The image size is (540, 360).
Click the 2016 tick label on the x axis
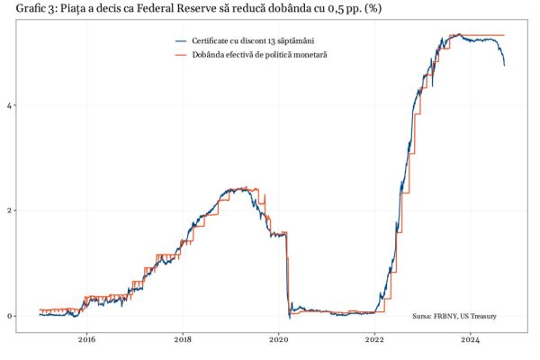tap(86, 339)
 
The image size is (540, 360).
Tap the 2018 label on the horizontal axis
tap(183, 339)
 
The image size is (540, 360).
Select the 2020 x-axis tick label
tap(279, 339)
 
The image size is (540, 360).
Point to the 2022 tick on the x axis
tap(375, 339)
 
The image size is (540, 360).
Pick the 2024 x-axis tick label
tap(472, 339)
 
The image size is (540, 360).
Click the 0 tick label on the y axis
tap(11, 316)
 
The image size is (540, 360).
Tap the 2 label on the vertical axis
tap(11, 211)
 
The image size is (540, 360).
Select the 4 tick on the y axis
tap(11, 105)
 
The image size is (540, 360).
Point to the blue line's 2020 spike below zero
tap(289, 318)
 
